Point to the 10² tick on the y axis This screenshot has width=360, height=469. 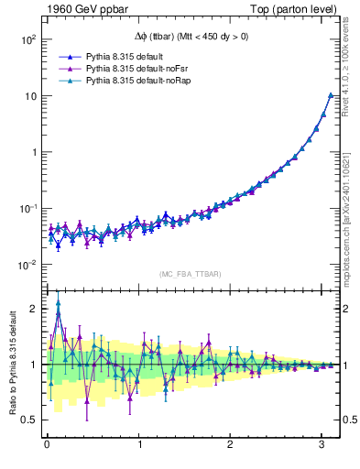click(27, 40)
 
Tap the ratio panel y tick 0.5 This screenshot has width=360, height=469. click(31, 420)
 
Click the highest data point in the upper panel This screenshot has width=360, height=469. click(331, 95)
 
